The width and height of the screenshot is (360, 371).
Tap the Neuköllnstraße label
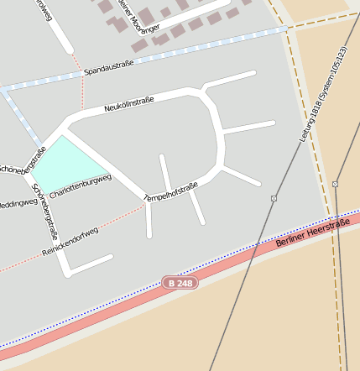(x=129, y=104)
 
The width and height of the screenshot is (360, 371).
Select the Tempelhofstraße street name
(x=171, y=191)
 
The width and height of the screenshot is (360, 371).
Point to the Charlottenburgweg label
(x=81, y=186)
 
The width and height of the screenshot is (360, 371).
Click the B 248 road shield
(x=180, y=284)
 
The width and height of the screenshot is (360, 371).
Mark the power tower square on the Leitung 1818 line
(x=274, y=198)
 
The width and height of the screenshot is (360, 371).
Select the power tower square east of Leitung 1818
(x=335, y=183)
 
